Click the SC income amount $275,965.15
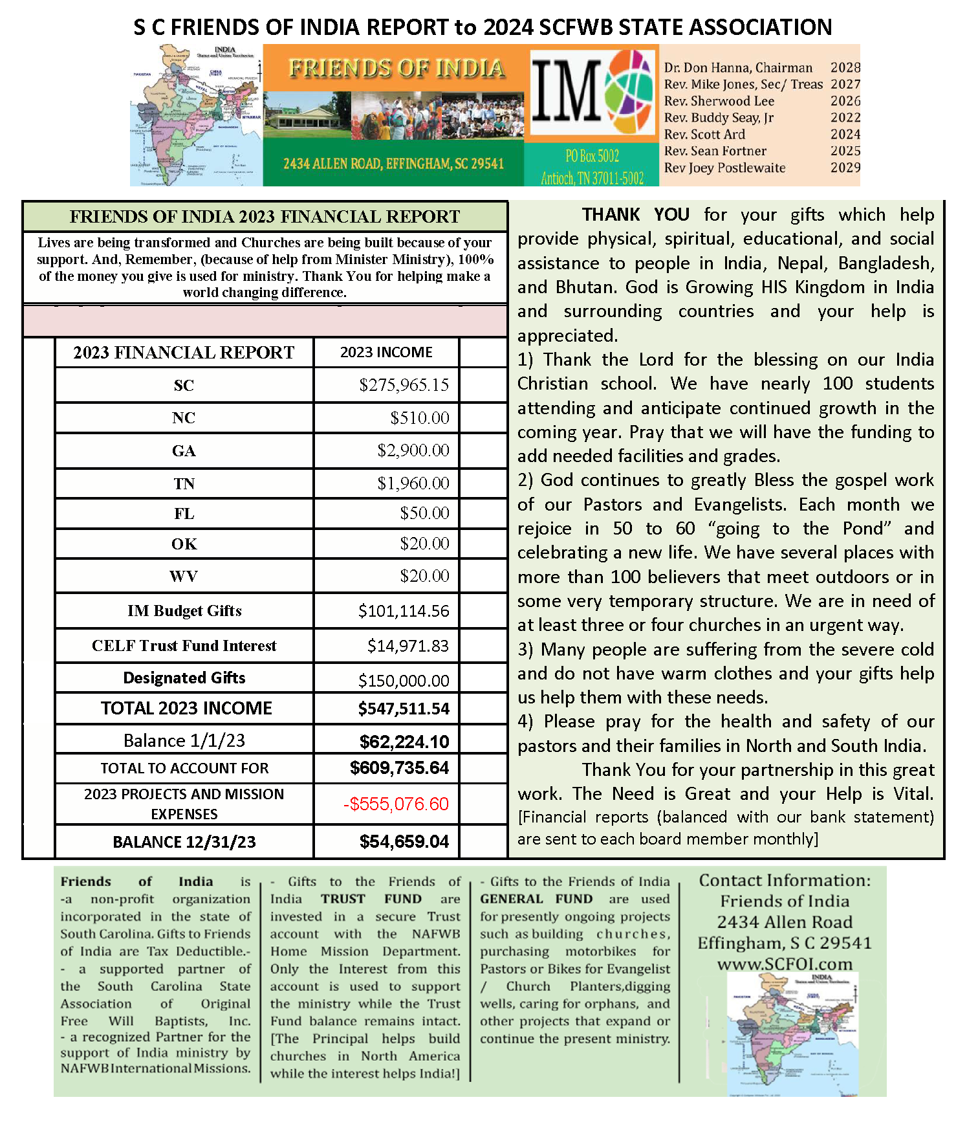click(x=404, y=385)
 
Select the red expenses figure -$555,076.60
click(x=395, y=804)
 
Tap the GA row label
click(x=184, y=451)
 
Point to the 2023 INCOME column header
click(x=386, y=352)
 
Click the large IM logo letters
click(x=567, y=91)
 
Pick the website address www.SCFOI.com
click(x=785, y=964)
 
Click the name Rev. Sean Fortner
click(x=715, y=151)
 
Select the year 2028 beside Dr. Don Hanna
click(x=845, y=67)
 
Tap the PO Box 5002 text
click(x=592, y=156)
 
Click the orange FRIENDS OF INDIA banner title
click(x=397, y=68)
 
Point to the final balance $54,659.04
click(x=404, y=841)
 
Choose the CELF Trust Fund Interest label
click(x=184, y=646)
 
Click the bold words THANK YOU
click(x=635, y=214)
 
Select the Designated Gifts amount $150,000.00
click(x=404, y=680)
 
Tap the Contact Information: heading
click(x=785, y=880)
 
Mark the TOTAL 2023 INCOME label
click(x=186, y=708)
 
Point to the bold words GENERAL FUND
click(x=536, y=899)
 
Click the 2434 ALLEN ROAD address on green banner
click(x=393, y=164)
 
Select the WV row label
click(x=184, y=576)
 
